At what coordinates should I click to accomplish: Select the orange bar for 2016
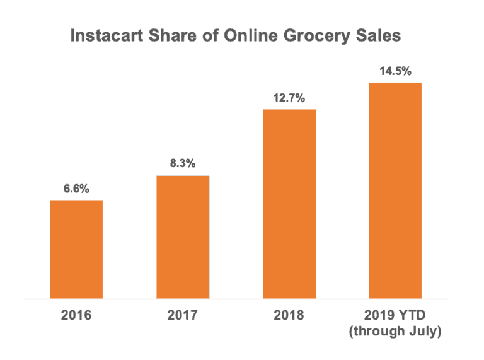coord(76,249)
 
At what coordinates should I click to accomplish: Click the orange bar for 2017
coord(183,236)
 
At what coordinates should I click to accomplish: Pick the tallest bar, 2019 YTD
coord(395,190)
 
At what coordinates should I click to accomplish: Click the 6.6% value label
coord(76,189)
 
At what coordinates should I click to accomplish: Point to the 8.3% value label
coord(183,163)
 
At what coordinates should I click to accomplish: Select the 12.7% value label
coord(289,98)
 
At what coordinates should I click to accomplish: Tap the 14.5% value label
coord(395,71)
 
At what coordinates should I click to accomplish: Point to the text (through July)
coord(395,330)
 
